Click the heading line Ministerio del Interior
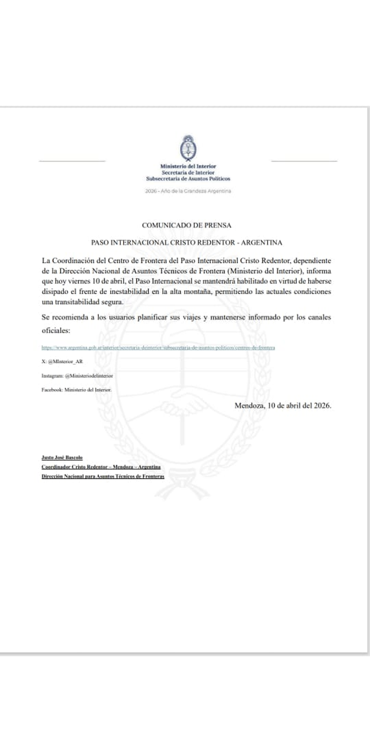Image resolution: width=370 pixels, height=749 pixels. tap(188, 167)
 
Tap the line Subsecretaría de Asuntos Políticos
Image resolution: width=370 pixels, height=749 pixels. tap(188, 178)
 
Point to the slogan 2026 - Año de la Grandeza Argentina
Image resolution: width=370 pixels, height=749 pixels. tap(188, 191)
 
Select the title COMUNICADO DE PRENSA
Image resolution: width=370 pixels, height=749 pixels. tap(187, 225)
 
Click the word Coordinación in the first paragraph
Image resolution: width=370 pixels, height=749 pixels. tap(72, 259)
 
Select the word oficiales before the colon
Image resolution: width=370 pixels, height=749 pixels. tap(55, 330)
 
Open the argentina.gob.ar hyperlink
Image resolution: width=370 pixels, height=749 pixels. tap(159, 348)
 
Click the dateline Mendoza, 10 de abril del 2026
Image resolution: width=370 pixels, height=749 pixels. tap(282, 405)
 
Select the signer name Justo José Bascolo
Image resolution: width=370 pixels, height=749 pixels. tap(62, 458)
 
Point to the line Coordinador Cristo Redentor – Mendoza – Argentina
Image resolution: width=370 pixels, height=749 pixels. tap(101, 467)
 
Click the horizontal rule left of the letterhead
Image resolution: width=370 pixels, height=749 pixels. tap(72, 161)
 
